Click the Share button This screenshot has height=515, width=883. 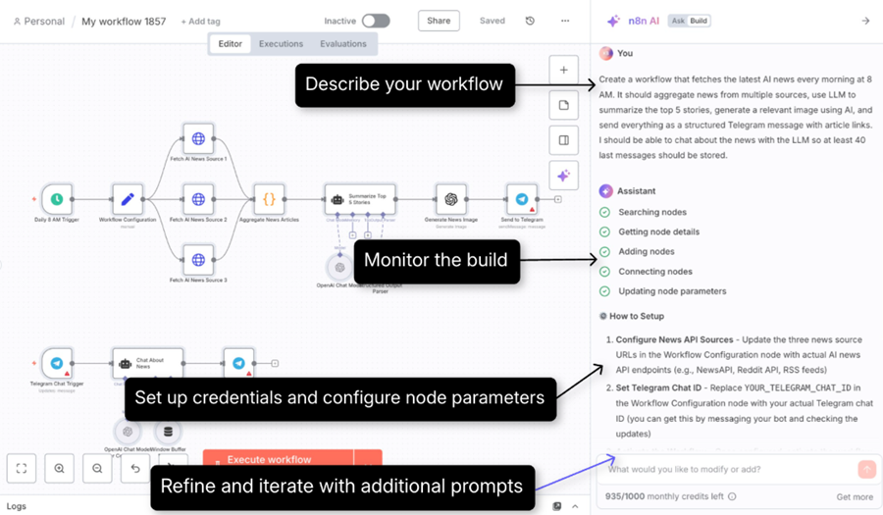tap(439, 21)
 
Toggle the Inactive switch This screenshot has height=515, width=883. tap(375, 21)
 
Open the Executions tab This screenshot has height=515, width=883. tap(281, 44)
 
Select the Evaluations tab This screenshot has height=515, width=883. tap(343, 44)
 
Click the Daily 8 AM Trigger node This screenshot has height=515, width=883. tap(57, 199)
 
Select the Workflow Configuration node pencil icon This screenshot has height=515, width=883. tap(128, 199)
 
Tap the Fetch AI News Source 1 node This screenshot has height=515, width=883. tap(198, 139)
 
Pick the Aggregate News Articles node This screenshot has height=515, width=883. tap(269, 199)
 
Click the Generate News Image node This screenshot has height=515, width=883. tap(451, 199)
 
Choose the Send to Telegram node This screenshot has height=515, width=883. tap(522, 199)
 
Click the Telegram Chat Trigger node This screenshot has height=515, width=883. tap(57, 363)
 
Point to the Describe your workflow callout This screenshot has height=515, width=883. tap(404, 84)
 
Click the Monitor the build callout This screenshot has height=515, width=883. tap(436, 261)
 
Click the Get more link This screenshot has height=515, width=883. tap(855, 496)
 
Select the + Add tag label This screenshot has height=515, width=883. tap(200, 21)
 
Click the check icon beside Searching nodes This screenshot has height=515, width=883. tap(604, 212)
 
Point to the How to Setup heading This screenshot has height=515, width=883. tap(637, 316)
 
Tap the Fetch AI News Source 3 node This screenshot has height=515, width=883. tap(198, 260)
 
